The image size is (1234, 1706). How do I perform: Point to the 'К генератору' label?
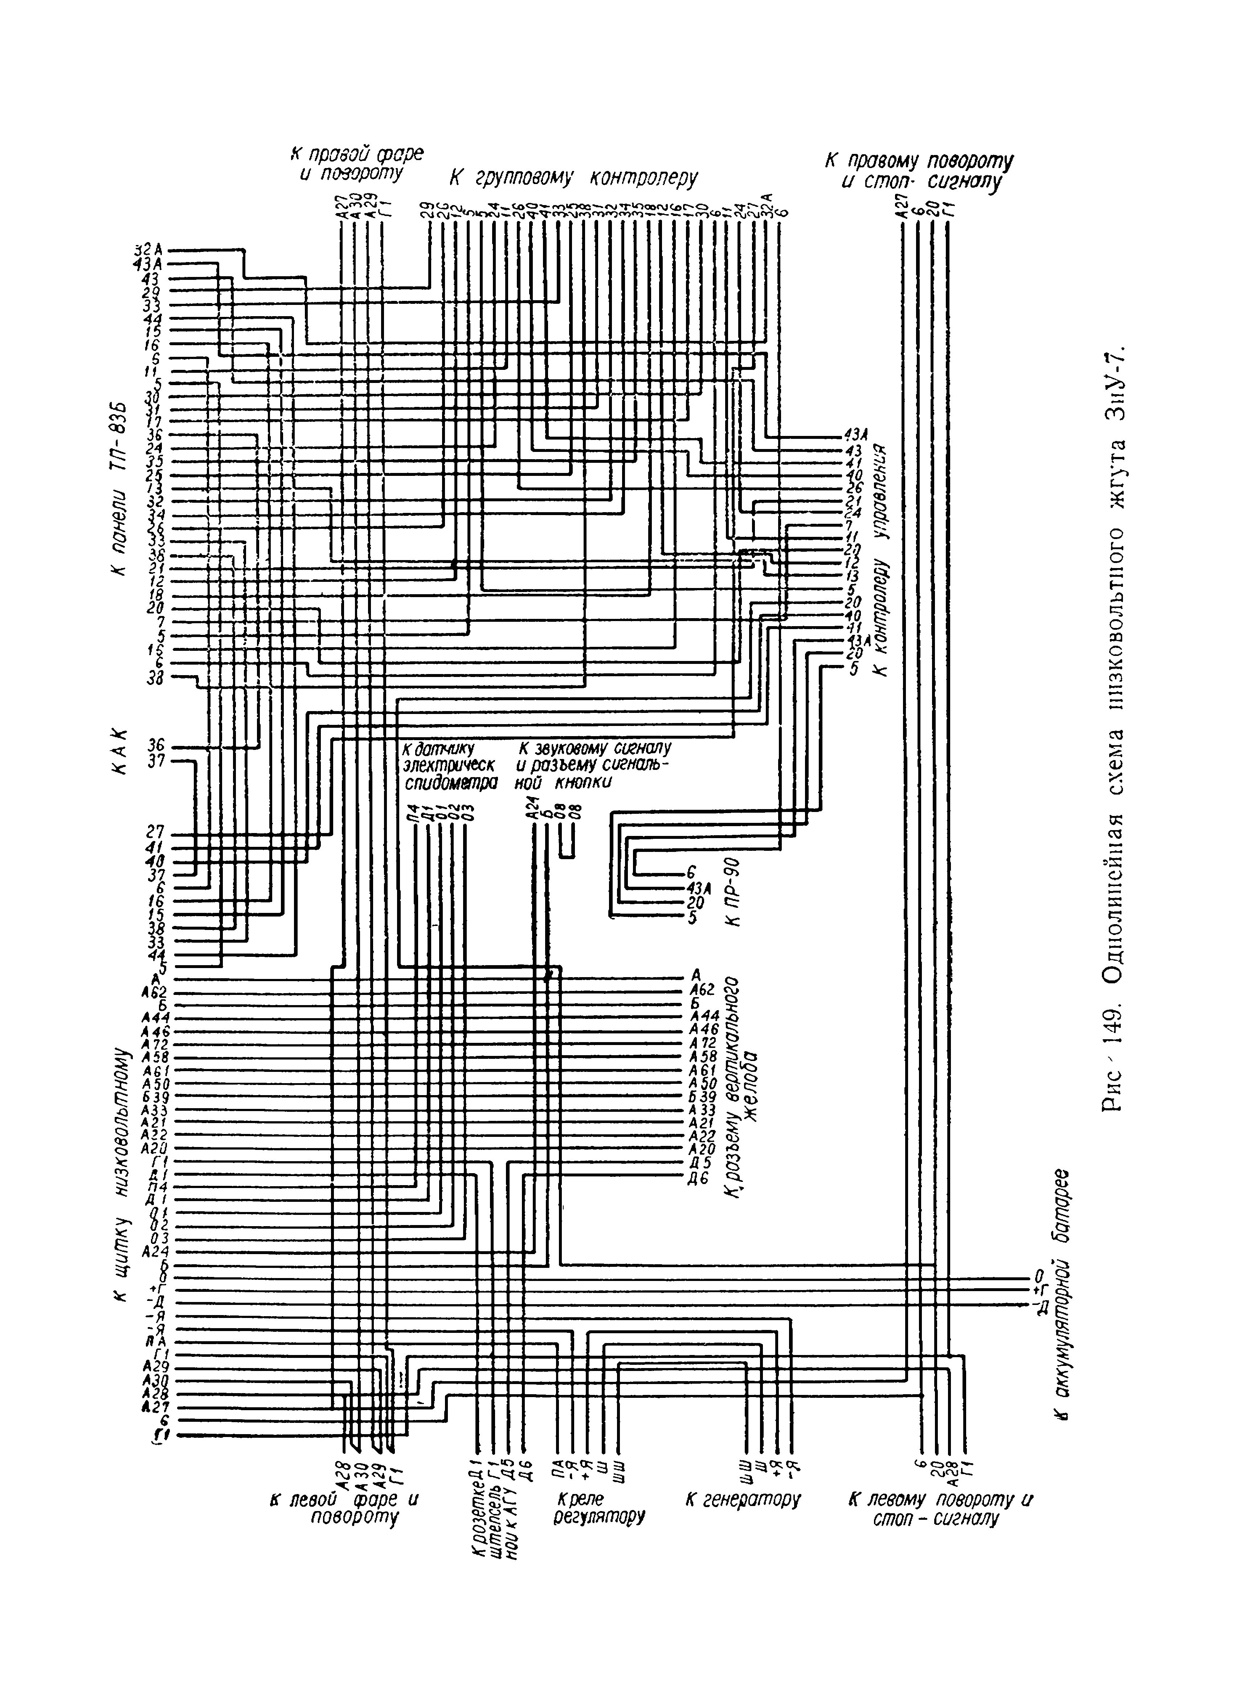click(x=743, y=1499)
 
